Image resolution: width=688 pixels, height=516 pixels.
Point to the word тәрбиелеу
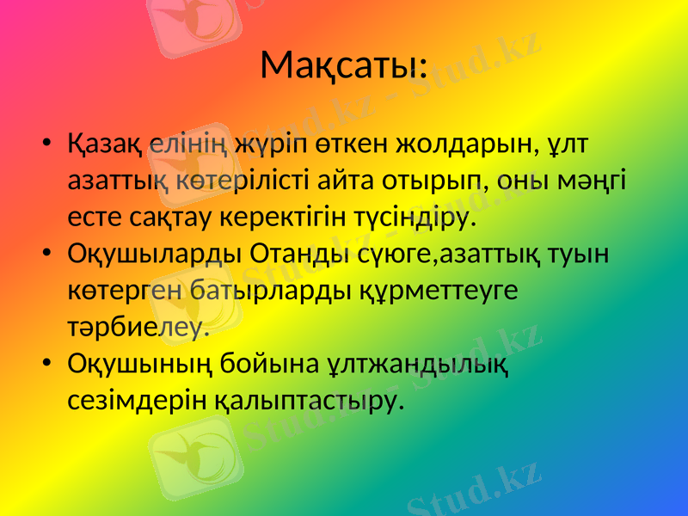point(138,328)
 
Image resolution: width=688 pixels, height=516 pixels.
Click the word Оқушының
point(141,365)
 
